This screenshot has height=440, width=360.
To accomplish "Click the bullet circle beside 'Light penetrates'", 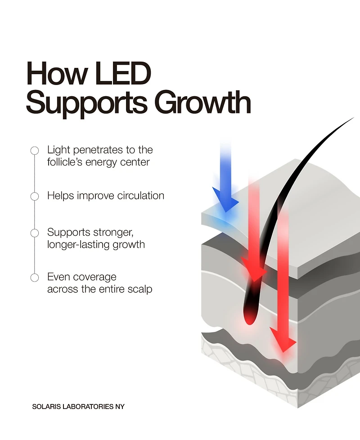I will (x=34, y=151).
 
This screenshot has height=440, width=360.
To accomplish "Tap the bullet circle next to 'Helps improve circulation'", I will (x=34, y=196).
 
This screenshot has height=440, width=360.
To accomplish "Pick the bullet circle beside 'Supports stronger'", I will (x=34, y=233).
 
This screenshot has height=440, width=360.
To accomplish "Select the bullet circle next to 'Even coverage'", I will (x=34, y=278).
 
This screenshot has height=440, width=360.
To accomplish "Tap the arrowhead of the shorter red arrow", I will (x=254, y=270).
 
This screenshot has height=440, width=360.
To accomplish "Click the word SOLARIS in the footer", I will (x=45, y=406).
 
